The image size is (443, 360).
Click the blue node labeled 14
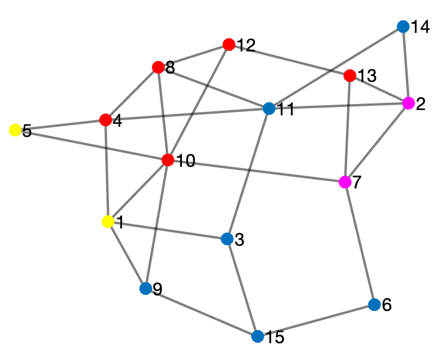click(403, 27)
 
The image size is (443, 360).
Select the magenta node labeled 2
click(409, 103)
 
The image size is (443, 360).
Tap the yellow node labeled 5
click(15, 130)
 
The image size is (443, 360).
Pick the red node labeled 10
click(168, 160)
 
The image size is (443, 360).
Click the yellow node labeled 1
click(108, 222)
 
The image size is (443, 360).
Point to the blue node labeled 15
click(258, 336)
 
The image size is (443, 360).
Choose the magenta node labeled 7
click(345, 182)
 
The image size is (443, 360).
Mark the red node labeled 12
click(228, 44)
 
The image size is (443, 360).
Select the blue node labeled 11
click(269, 109)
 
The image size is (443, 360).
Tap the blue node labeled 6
click(374, 305)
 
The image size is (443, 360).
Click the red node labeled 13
click(350, 76)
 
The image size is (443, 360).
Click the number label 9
click(157, 289)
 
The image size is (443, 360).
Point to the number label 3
click(239, 240)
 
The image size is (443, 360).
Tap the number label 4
click(117, 121)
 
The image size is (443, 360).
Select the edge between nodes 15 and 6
click(316, 321)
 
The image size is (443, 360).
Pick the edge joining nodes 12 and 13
click(289, 60)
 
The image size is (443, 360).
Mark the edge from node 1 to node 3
click(167, 230)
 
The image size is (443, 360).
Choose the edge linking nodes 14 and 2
click(406, 65)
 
